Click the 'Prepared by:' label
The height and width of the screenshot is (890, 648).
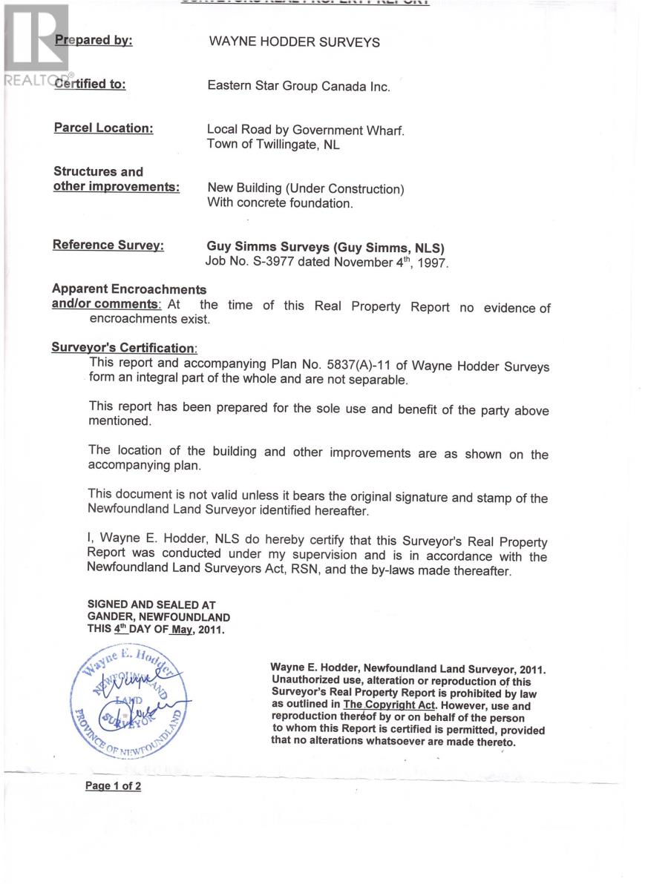click(94, 40)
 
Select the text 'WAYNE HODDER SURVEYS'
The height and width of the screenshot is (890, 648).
click(294, 42)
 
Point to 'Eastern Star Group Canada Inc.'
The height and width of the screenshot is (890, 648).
click(298, 86)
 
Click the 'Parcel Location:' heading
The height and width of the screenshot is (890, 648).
click(103, 128)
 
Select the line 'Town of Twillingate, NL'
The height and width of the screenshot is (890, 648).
click(273, 145)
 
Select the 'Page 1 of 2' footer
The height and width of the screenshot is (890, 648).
click(113, 786)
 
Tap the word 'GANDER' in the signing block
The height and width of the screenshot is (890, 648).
click(108, 617)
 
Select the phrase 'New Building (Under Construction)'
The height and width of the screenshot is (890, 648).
click(306, 188)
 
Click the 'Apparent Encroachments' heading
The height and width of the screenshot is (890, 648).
click(129, 289)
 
